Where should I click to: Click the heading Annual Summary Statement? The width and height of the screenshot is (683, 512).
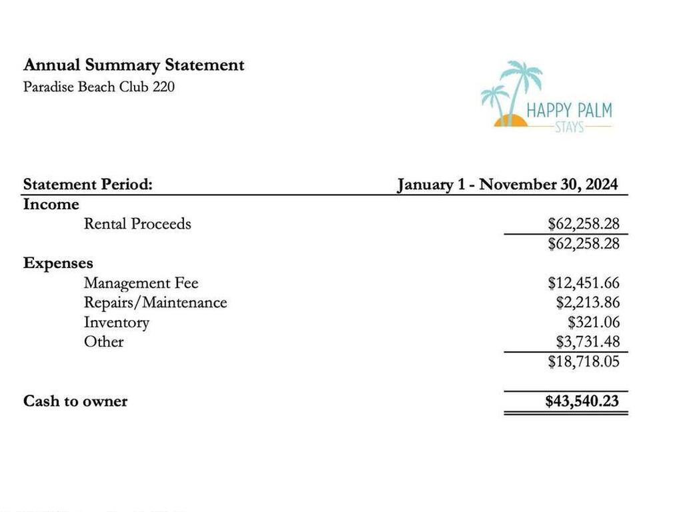tap(133, 65)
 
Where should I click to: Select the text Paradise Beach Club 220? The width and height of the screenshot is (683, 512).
tap(99, 87)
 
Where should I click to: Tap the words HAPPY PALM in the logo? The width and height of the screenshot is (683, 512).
tap(569, 110)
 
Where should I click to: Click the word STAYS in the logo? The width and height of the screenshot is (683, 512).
tap(569, 127)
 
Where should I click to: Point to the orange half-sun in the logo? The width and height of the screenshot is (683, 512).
tap(510, 121)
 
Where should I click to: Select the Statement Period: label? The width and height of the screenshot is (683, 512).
tap(87, 185)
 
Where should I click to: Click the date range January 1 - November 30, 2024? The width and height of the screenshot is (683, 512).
tap(507, 185)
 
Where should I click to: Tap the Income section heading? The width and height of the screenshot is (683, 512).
tap(51, 205)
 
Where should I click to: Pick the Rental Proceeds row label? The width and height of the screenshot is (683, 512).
tap(137, 224)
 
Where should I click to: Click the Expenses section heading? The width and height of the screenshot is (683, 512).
tap(58, 263)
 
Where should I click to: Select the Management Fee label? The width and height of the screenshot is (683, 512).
tap(141, 283)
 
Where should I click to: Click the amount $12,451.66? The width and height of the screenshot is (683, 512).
tap(584, 283)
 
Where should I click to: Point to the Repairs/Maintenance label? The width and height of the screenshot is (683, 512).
tap(155, 303)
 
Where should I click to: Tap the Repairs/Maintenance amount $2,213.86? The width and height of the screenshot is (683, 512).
tap(588, 303)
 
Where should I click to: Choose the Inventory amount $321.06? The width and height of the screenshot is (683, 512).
tap(594, 323)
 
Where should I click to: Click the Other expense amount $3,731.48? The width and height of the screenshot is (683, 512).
tap(588, 342)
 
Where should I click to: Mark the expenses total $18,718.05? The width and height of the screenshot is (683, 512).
tap(584, 362)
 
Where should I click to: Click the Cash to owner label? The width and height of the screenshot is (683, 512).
tap(75, 401)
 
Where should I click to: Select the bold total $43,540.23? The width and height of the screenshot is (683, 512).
tap(582, 401)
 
